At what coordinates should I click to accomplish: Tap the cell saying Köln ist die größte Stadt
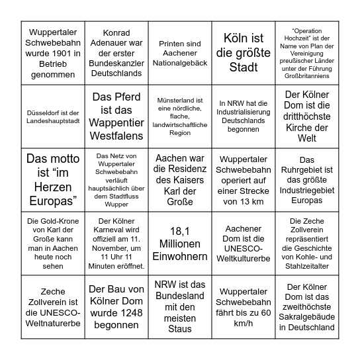[x=243, y=52]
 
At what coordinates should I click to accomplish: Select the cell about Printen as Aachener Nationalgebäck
[x=180, y=52]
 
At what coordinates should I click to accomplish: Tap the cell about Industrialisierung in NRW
[x=243, y=116]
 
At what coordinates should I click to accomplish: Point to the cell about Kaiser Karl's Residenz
[x=180, y=180]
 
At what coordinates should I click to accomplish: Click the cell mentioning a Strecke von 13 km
[x=243, y=180]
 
